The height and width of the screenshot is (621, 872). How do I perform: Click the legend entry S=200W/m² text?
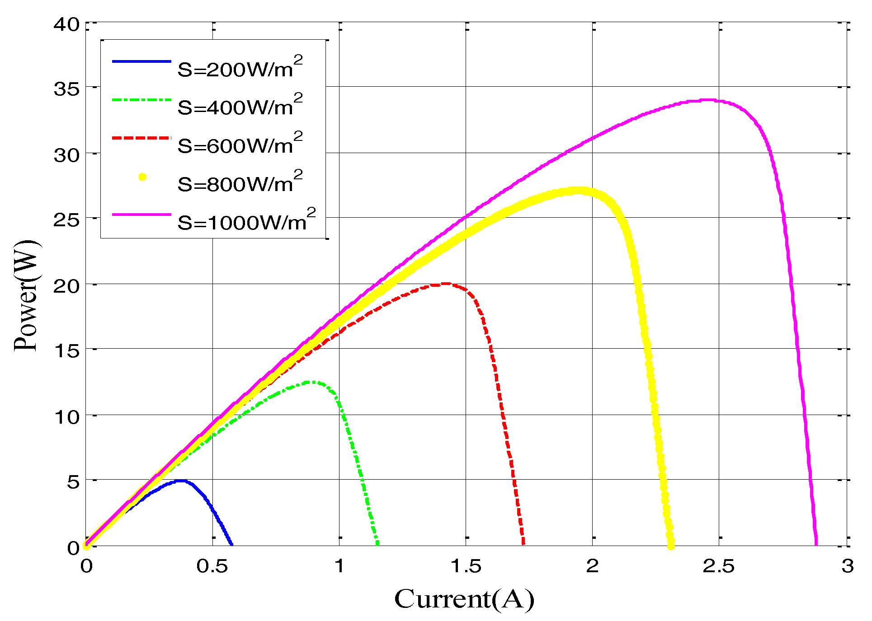pyautogui.click(x=240, y=68)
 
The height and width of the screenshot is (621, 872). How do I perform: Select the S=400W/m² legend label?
pyautogui.click(x=240, y=106)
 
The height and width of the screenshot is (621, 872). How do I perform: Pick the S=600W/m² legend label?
pyautogui.click(x=240, y=145)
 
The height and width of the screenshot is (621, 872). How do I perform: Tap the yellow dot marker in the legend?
pyautogui.click(x=142, y=177)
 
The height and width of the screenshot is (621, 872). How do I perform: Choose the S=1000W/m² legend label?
pyautogui.click(x=246, y=221)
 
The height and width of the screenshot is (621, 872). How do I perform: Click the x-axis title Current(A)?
pyautogui.click(x=464, y=600)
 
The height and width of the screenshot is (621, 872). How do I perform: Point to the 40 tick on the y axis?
pyautogui.click(x=66, y=24)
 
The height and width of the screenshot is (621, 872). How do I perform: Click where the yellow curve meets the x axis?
pyautogui.click(x=671, y=546)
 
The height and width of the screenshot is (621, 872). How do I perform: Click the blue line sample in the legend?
pyautogui.click(x=141, y=61)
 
